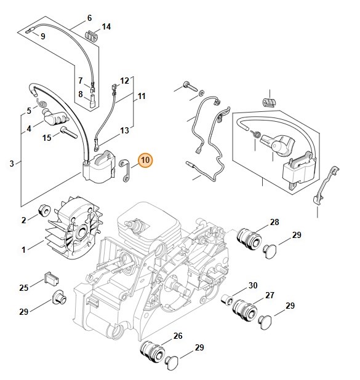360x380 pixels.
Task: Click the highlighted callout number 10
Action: [145, 161]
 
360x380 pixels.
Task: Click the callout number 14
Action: [106, 27]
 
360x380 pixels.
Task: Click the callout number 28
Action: [274, 222]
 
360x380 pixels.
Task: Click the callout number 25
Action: [24, 287]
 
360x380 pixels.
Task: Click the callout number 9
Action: [42, 36]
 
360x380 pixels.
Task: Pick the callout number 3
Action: [12, 164]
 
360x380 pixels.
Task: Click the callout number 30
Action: [253, 285]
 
